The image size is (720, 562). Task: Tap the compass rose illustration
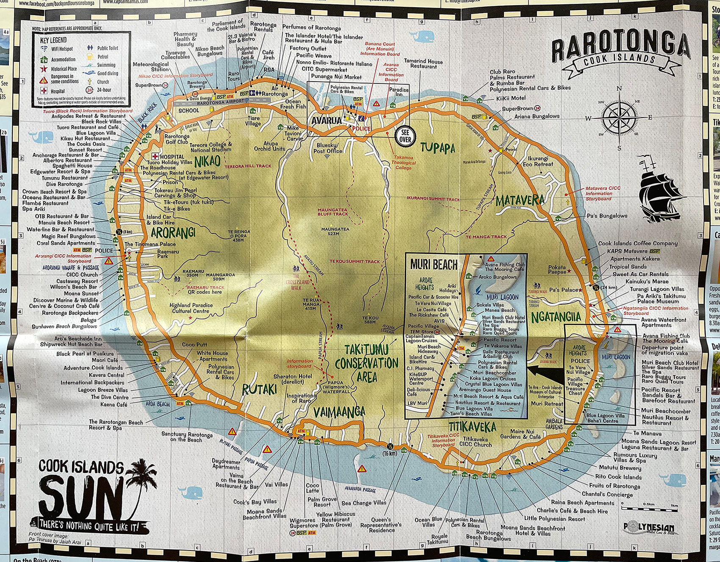coord(619,118)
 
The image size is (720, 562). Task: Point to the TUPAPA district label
coord(438,148)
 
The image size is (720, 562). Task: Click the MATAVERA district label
coord(520,200)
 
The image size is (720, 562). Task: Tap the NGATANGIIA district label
coord(556,316)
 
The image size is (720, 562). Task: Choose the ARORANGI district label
coord(173,232)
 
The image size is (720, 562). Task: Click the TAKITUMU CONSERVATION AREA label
coord(367,363)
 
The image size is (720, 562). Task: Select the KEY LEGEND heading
coord(53,40)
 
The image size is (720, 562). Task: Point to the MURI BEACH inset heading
coord(434,265)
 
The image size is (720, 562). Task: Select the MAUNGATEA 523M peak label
coord(335,231)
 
